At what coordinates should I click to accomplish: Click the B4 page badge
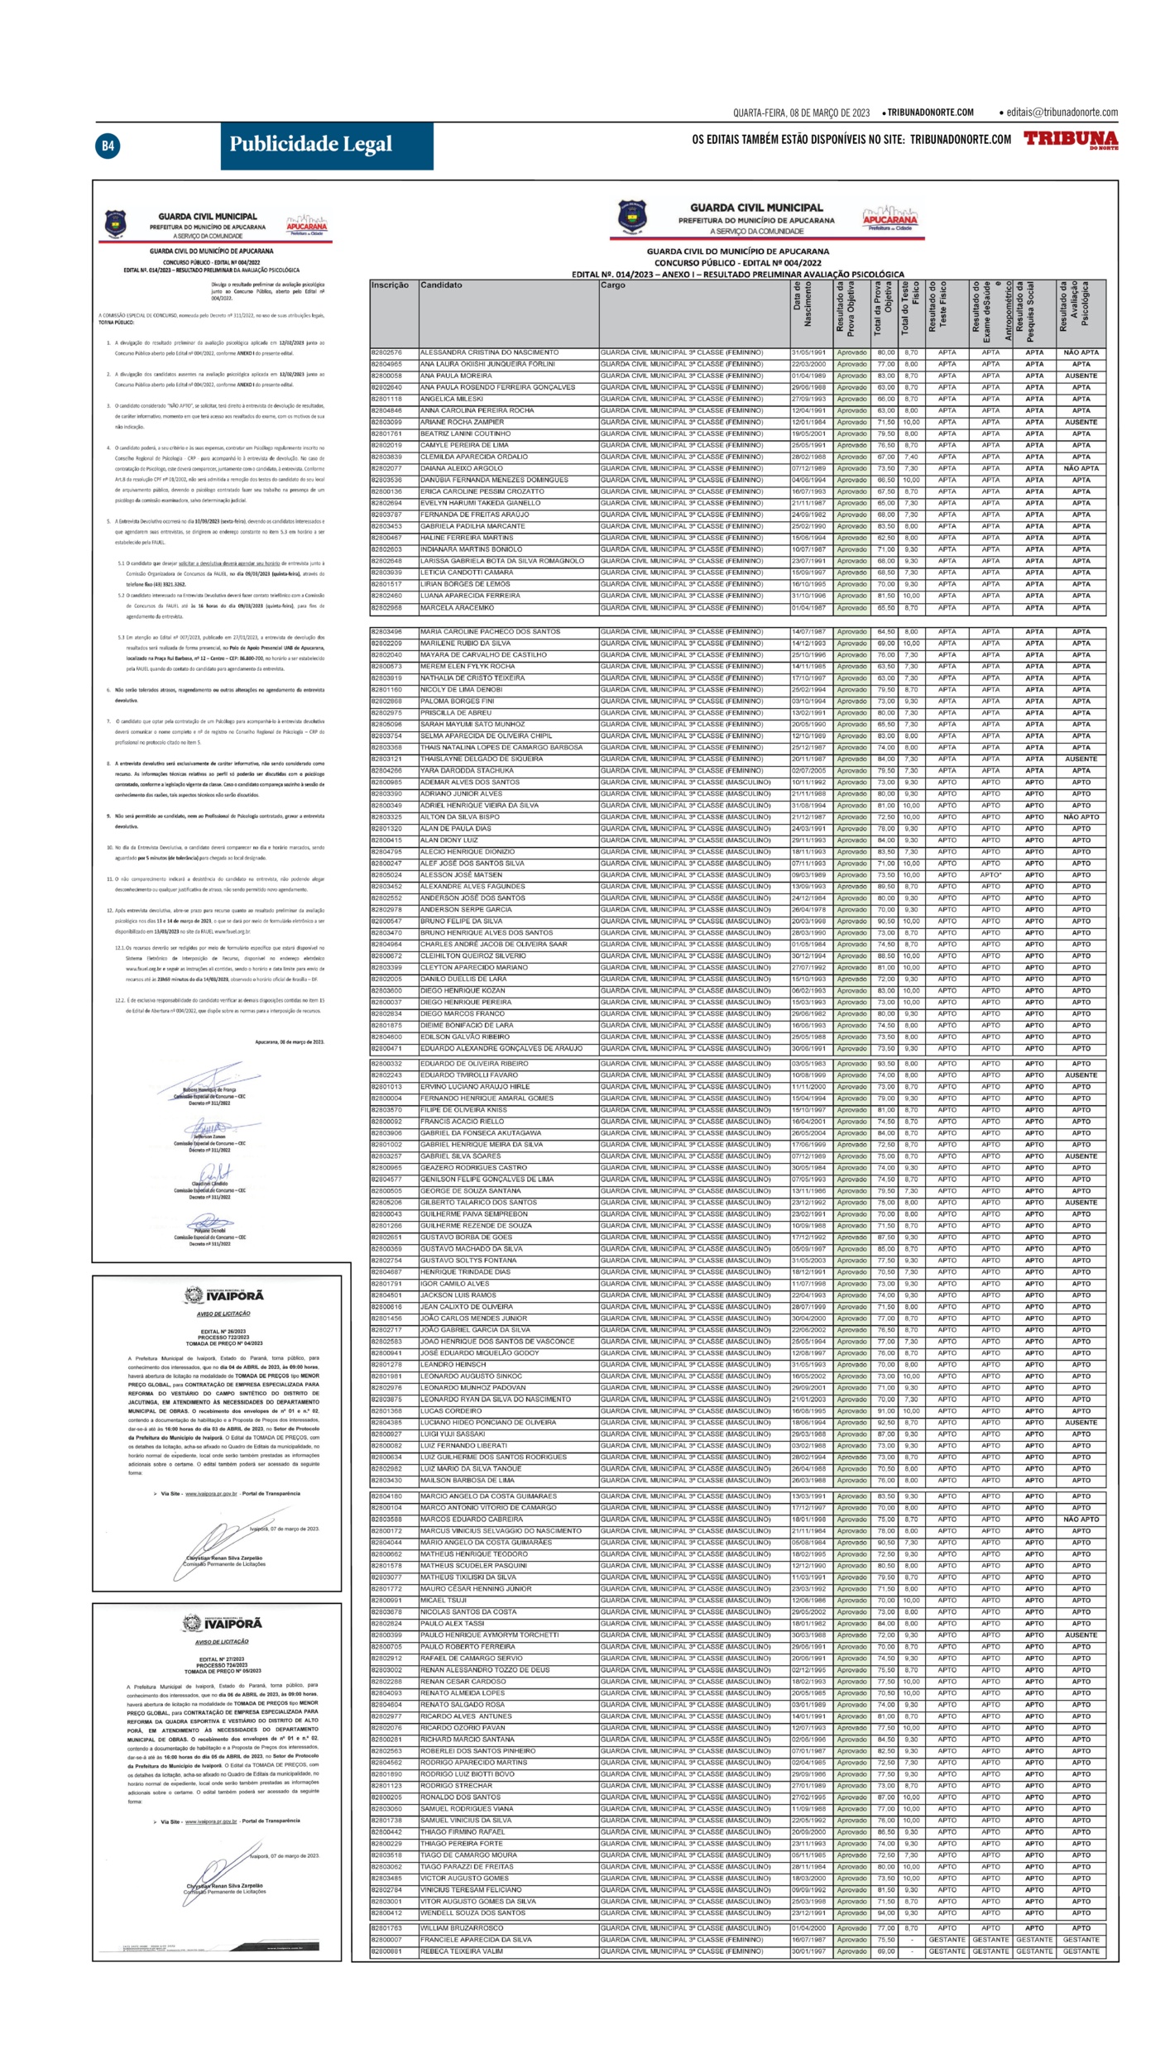click(x=108, y=146)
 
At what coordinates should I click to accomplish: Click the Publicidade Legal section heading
click(x=310, y=145)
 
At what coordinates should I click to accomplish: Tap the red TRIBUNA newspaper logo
click(x=1070, y=139)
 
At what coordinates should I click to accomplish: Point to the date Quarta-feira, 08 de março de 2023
click(x=801, y=112)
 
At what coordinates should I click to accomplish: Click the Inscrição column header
click(x=390, y=285)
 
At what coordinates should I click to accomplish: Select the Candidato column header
click(x=441, y=285)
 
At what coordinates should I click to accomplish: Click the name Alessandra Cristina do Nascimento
click(x=489, y=352)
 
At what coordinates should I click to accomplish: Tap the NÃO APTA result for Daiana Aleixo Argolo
click(x=1081, y=468)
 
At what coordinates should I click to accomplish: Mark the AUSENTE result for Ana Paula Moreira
click(x=1081, y=376)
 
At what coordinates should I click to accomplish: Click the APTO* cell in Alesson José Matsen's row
click(x=990, y=874)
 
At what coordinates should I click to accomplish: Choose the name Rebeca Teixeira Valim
click(x=461, y=1951)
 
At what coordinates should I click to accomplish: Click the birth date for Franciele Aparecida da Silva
click(x=808, y=1939)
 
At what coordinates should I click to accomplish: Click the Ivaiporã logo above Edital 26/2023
click(x=224, y=1295)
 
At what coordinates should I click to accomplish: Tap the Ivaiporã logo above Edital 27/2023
click(x=223, y=1623)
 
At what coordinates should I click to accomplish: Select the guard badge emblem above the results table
click(x=632, y=216)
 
